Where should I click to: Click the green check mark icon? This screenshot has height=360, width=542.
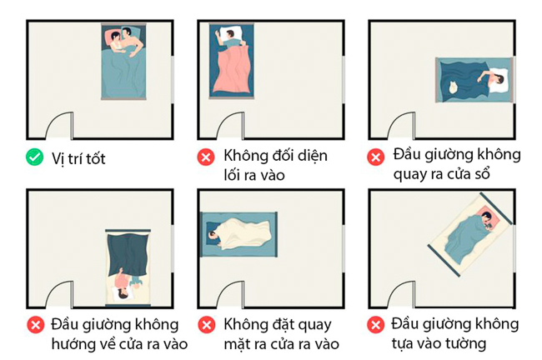(x=35, y=156)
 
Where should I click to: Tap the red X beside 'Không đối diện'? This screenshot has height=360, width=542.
(x=205, y=156)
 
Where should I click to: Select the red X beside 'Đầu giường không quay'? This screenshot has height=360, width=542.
(x=376, y=156)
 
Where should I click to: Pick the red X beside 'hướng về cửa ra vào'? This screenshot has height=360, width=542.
(x=35, y=324)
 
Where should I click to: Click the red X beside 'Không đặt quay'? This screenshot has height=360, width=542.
(x=205, y=324)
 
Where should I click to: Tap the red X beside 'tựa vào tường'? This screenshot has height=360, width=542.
(x=376, y=324)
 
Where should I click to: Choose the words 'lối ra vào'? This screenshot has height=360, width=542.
(x=254, y=175)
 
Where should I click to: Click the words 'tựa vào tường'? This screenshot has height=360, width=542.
(x=439, y=342)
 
